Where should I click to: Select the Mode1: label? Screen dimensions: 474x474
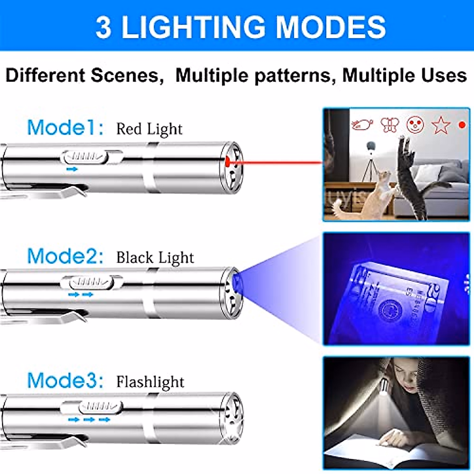[x=66, y=127]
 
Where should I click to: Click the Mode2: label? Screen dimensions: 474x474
[x=66, y=256]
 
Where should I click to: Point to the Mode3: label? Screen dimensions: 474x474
[x=66, y=380]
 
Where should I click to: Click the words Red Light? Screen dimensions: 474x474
[x=149, y=129]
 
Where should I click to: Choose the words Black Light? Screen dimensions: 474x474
[x=155, y=258]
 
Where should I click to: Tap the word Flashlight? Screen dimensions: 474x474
[x=150, y=382]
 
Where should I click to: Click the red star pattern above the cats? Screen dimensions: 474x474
[x=440, y=125]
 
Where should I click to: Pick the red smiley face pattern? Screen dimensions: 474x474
[x=415, y=125]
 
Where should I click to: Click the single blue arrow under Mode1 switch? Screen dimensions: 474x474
[x=72, y=169]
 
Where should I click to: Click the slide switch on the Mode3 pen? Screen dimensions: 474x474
[x=100, y=407]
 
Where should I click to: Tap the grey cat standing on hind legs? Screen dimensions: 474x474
[x=411, y=178]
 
